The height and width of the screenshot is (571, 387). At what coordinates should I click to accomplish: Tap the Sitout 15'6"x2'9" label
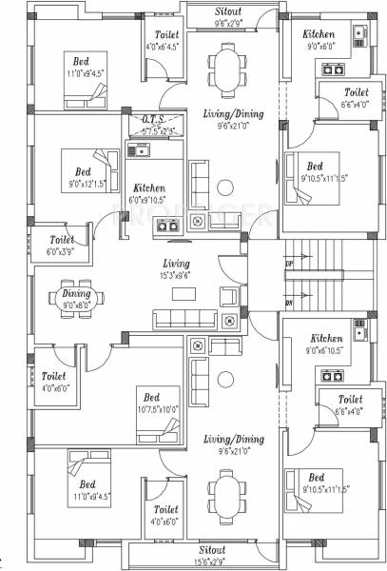212,556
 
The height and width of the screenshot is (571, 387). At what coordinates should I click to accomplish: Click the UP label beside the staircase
289,262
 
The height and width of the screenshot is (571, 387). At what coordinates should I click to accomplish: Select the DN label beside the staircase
289,304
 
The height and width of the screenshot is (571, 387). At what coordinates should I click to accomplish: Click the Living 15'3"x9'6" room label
177,269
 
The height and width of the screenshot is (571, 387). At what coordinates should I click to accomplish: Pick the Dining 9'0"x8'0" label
71,299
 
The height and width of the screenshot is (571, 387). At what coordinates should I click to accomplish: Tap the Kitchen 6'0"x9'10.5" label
149,193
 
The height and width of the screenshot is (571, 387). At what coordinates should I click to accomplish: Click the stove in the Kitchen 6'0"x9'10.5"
167,226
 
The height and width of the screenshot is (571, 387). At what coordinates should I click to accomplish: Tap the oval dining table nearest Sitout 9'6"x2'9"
226,69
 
